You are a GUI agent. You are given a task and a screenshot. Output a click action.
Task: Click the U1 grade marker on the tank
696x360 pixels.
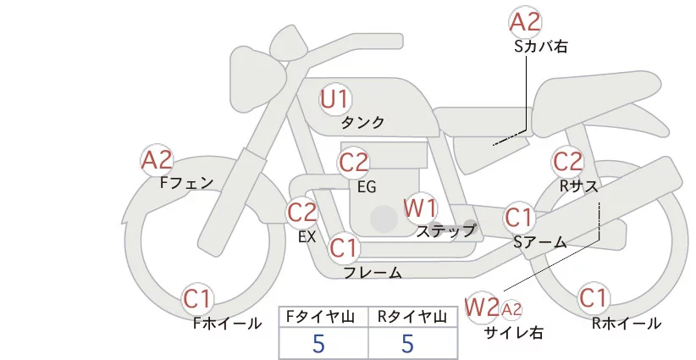pos(334,100)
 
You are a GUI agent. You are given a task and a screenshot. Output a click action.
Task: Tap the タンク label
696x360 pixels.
pos(362,123)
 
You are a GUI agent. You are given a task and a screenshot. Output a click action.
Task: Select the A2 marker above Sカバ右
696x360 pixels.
pos(525,22)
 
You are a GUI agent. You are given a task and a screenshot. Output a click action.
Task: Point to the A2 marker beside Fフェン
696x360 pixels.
pos(157,159)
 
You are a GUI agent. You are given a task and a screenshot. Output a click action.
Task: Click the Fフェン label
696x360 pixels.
pos(186,181)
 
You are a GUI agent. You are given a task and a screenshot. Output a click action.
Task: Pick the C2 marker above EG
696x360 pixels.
pos(354,162)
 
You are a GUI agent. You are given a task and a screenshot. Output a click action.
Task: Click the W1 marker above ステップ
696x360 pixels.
pos(420,207)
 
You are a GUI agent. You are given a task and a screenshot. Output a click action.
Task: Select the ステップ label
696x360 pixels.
pos(446,230)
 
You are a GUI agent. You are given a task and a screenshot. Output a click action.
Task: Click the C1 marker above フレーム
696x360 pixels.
pos(344,248)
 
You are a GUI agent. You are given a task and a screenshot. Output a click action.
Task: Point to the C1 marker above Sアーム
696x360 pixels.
pos(519,217)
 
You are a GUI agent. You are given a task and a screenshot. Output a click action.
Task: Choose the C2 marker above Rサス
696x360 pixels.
pos(567,161)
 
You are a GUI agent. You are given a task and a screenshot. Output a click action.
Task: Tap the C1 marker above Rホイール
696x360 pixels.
pos(593,298)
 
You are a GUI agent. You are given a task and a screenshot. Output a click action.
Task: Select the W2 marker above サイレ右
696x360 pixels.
pos(482,306)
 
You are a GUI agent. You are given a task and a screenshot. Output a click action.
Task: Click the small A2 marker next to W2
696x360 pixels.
pos(511,308)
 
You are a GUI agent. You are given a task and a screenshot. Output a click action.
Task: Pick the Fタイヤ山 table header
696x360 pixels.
pos(323,316)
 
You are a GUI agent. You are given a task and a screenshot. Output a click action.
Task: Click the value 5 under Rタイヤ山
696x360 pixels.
pos(408,344)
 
